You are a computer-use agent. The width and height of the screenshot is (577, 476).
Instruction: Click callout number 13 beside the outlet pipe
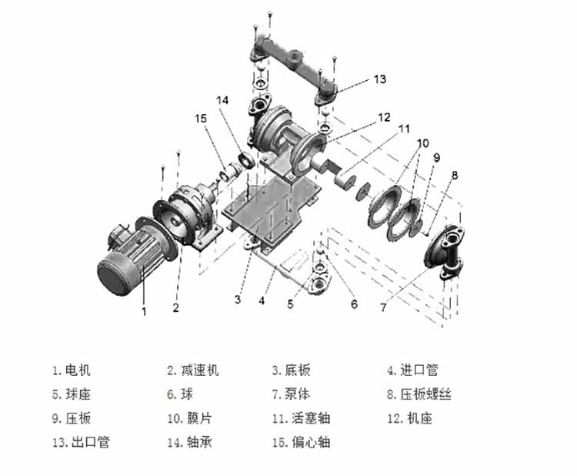[379, 79]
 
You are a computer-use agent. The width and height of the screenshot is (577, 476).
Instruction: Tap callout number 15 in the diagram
[202, 119]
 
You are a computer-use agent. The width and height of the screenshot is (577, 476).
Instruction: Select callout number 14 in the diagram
[223, 100]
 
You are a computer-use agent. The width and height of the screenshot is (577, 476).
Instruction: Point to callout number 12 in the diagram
[384, 118]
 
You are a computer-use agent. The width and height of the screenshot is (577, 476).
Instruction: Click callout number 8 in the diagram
[454, 176]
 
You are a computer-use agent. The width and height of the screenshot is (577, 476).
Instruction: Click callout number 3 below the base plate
[238, 298]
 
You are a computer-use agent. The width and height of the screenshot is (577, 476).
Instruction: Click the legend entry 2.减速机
[193, 370]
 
